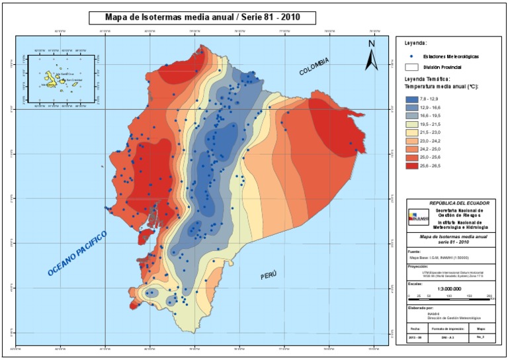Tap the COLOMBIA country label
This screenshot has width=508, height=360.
click(x=314, y=66)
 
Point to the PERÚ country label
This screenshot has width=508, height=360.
click(x=268, y=275)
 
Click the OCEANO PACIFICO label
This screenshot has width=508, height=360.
click(x=77, y=254)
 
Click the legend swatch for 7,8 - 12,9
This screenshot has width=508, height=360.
click(x=414, y=98)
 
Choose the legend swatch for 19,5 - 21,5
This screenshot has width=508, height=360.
click(x=414, y=124)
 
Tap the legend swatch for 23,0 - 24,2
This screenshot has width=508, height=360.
click(x=414, y=141)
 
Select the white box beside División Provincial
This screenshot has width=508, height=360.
click(x=411, y=67)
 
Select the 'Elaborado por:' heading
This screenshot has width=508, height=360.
click(x=420, y=308)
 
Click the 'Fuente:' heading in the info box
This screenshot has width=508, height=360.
click(x=414, y=252)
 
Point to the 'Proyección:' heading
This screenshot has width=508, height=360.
click(x=419, y=269)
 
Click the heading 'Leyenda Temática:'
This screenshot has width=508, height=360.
click(x=428, y=79)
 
